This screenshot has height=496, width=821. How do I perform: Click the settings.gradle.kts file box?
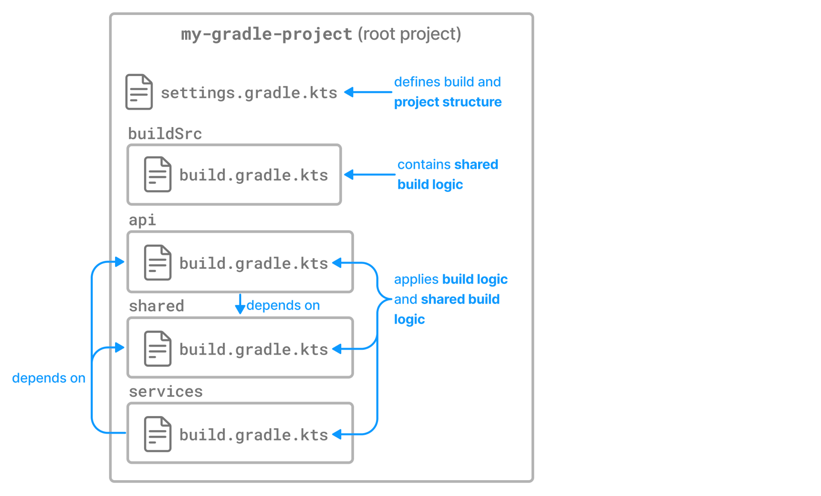coord(248,92)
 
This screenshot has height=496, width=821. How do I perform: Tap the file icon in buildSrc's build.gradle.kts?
coord(157,174)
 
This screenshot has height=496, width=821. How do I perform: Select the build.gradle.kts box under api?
coord(257,263)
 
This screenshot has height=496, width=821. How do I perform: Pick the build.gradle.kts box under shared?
coord(257,348)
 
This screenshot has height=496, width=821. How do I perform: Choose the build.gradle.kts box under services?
coord(257,434)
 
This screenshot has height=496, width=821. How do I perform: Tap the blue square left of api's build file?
coord(121,262)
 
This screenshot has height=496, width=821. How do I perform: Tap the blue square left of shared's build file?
coord(121,347)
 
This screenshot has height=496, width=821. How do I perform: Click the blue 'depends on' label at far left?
coord(43,378)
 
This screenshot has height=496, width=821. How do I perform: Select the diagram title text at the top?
coord(321,35)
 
